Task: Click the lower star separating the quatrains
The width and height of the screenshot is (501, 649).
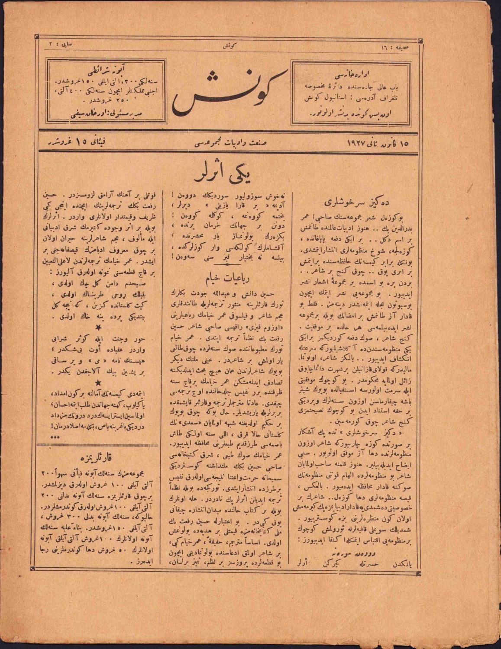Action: [100, 382]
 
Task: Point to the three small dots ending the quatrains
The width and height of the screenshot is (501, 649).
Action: [55, 437]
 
